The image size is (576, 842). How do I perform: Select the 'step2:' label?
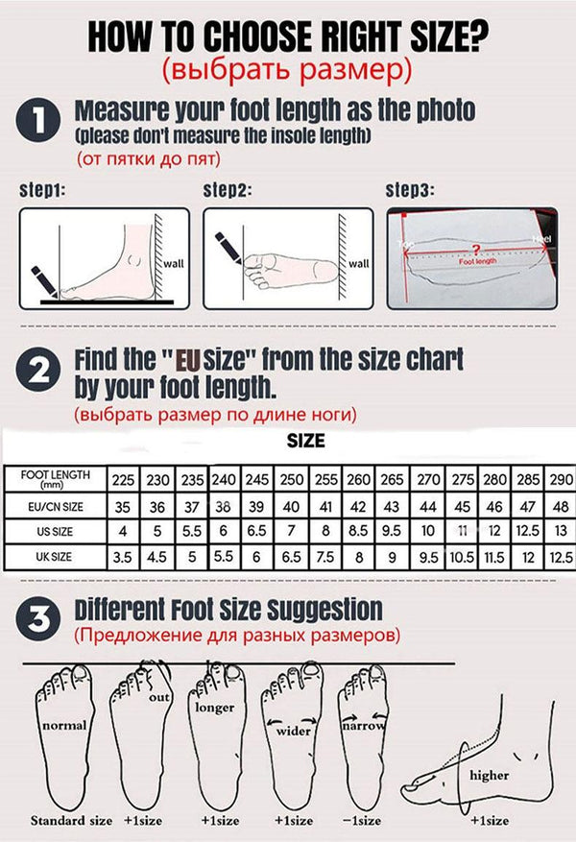point(228,190)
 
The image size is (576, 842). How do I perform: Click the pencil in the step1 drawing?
point(42,279)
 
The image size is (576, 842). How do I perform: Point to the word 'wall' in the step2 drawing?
point(357,263)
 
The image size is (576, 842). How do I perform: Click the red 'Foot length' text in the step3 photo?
point(478,260)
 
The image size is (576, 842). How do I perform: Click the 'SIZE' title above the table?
point(305,442)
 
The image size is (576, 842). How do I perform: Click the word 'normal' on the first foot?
point(63,726)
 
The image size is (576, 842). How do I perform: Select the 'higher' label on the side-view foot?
point(489,775)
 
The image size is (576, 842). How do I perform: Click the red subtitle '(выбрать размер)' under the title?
point(286,69)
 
